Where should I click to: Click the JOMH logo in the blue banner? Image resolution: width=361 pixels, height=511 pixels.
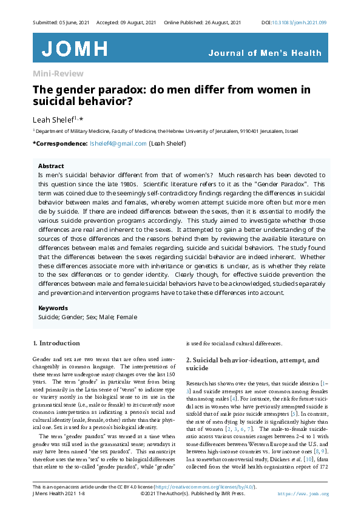(75, 49)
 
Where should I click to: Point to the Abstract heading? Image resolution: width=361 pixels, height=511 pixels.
(51, 166)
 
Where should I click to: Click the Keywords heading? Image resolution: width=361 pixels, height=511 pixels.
(53, 308)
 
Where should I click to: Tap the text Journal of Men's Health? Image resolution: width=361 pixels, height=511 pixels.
(265, 53)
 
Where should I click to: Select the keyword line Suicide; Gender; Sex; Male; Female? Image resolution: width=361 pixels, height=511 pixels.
(87, 317)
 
